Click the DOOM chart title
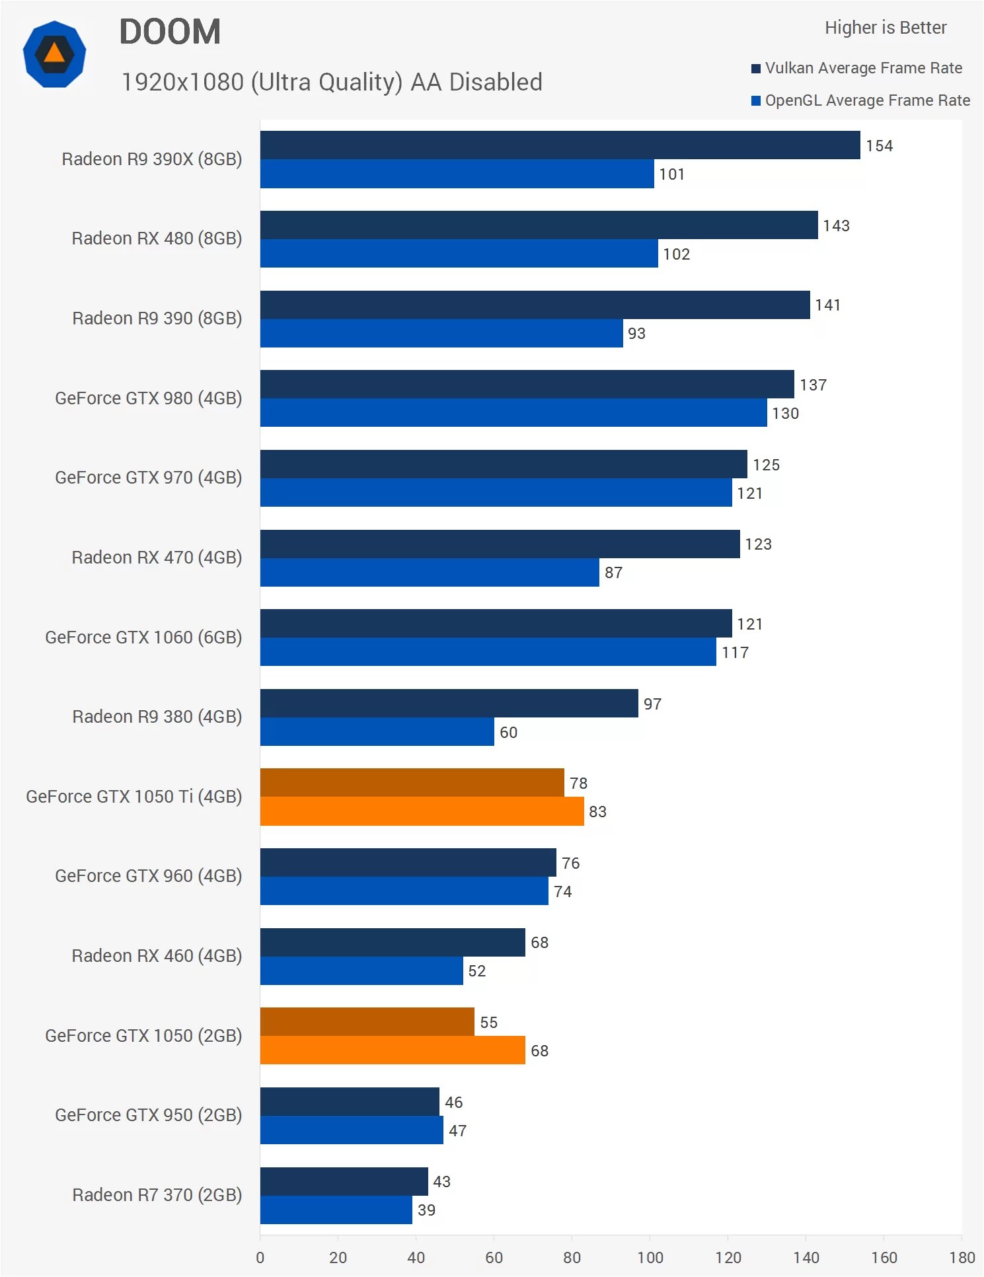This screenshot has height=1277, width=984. [x=170, y=32]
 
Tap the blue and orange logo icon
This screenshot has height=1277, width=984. [x=54, y=54]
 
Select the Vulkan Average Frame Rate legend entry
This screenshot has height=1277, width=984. [x=857, y=68]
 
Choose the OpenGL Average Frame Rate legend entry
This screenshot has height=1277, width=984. [x=861, y=100]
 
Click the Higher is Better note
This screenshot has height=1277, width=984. [x=885, y=28]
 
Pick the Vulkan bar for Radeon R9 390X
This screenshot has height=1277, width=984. [x=560, y=145]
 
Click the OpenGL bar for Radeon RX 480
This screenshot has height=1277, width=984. [x=459, y=254]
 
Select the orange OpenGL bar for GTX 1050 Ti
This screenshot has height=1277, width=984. [x=422, y=811]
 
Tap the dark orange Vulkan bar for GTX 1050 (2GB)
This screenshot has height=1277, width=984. [x=367, y=1022]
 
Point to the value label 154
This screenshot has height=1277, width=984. [x=879, y=146]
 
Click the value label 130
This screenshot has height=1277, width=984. [x=785, y=414]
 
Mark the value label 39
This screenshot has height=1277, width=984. [x=426, y=1210]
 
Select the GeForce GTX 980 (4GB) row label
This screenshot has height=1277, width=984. [x=148, y=398]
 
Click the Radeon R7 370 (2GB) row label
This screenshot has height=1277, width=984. [x=157, y=1195]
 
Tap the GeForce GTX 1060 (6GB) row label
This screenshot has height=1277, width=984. [x=143, y=638]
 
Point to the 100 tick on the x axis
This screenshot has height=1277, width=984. [x=650, y=1257]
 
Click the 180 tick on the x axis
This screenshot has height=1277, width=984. [x=962, y=1257]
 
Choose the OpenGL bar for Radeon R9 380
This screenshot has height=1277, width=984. [x=377, y=732]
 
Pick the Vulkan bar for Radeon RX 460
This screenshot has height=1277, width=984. [x=393, y=943]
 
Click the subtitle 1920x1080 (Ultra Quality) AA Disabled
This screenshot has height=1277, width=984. [x=332, y=83]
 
